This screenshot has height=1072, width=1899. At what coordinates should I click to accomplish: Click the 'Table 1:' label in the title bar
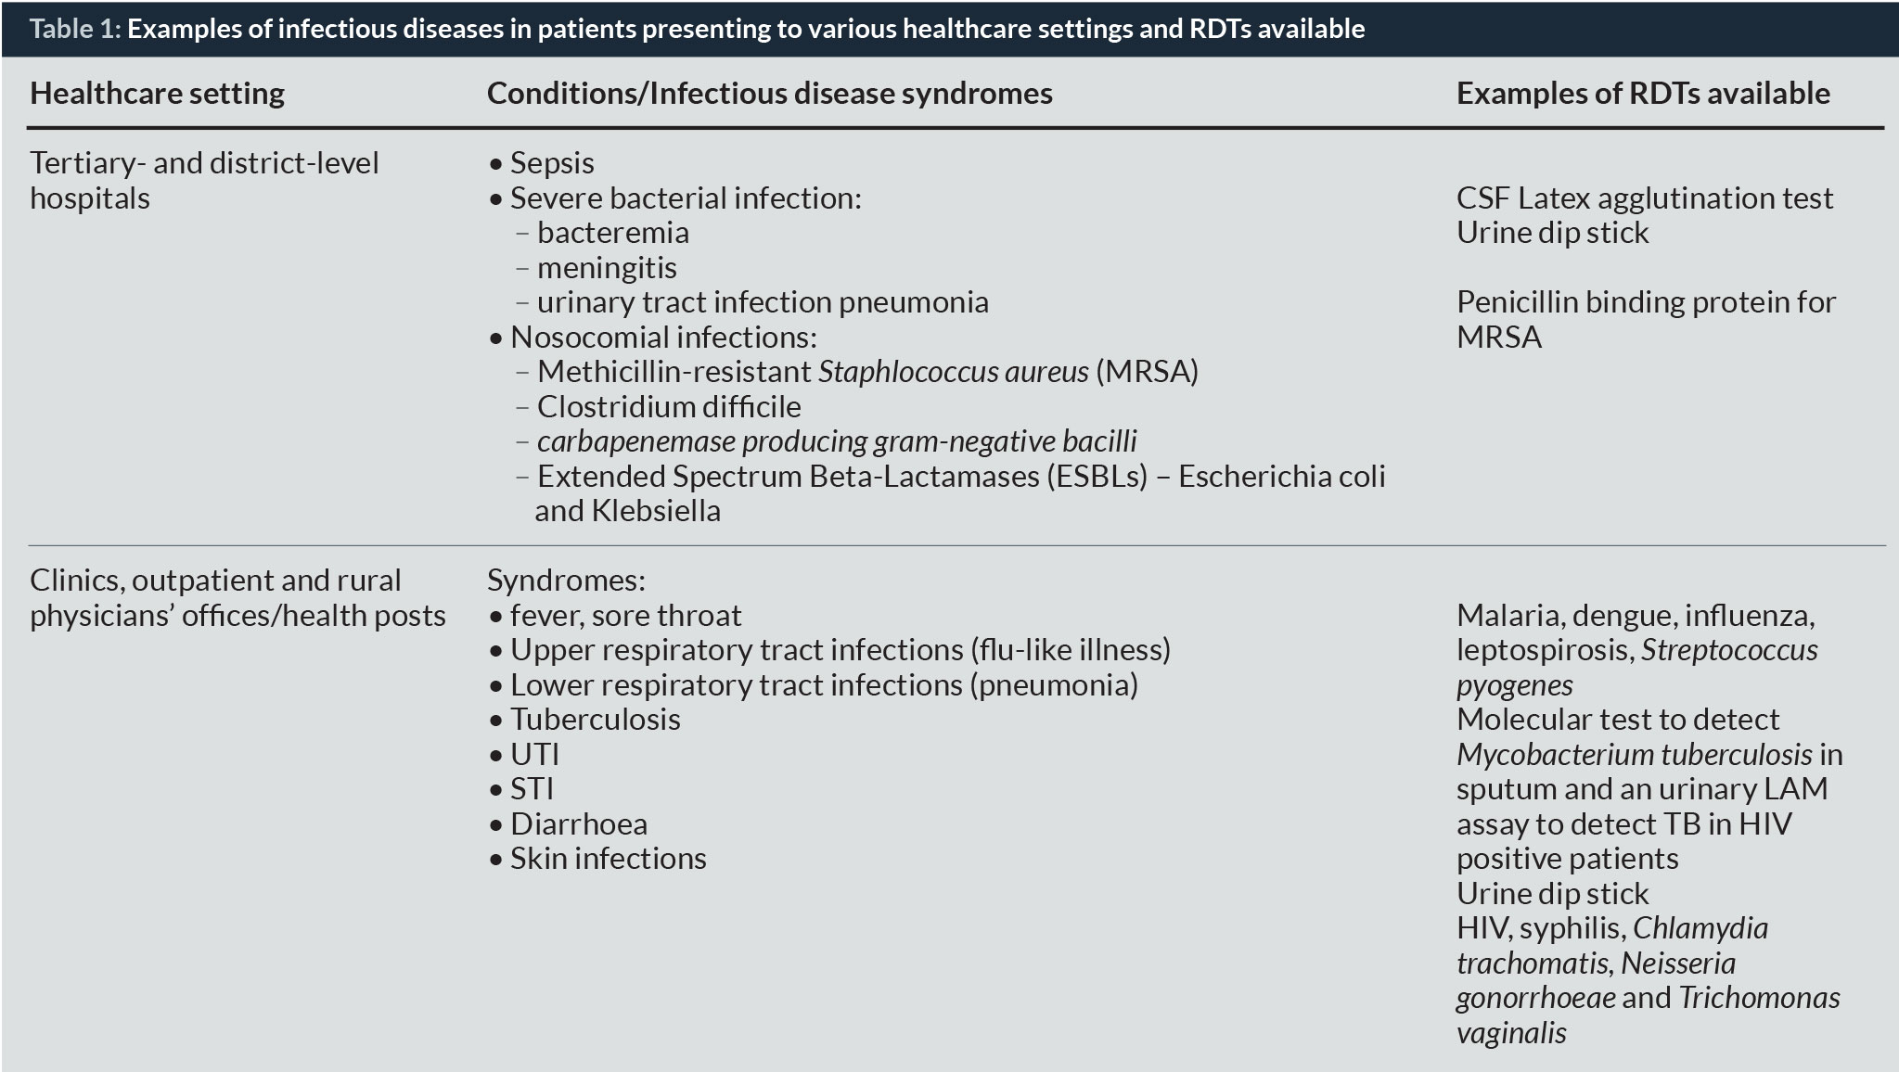[75, 29]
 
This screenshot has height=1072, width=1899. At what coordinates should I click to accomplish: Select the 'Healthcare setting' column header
[157, 93]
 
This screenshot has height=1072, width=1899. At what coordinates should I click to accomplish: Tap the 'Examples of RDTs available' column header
[1643, 93]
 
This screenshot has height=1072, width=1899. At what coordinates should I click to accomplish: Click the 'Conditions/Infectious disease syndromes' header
[769, 93]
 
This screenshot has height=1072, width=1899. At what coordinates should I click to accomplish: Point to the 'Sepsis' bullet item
[551, 163]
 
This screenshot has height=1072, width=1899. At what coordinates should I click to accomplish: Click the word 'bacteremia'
[612, 233]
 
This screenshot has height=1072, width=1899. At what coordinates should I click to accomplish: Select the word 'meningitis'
[607, 268]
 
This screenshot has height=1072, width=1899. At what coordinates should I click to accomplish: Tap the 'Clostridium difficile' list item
[668, 407]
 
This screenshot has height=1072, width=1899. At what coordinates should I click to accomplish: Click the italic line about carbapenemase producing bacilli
[836, 441]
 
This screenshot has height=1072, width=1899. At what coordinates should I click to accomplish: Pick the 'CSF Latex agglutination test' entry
[1644, 198]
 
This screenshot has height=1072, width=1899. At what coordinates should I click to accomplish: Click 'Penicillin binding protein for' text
[1646, 302]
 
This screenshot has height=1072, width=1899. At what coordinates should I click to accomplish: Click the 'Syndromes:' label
[566, 581]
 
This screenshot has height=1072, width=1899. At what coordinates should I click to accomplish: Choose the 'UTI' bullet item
[534, 755]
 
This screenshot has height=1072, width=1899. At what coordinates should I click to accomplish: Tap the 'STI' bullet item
[532, 789]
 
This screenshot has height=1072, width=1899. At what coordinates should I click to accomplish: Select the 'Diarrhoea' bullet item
[578, 824]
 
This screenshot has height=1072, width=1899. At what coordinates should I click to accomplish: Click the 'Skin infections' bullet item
[608, 859]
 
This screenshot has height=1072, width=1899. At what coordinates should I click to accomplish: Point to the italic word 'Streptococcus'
[1729, 650]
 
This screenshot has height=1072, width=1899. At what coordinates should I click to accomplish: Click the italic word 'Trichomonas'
[1759, 998]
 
